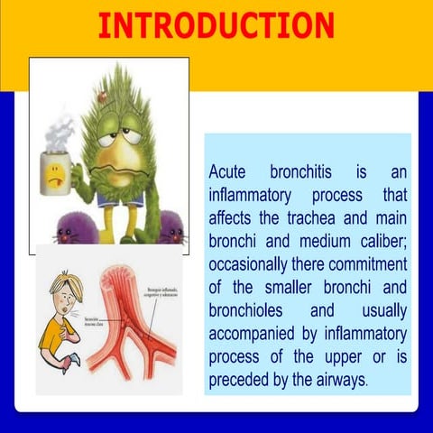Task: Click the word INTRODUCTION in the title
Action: [x=216, y=24]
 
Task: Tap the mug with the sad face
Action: [x=57, y=170]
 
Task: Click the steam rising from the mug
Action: [x=58, y=133]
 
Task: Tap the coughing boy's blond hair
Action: [x=67, y=288]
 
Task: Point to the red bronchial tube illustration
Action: [x=131, y=325]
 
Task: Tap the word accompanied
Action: [x=258, y=336]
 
